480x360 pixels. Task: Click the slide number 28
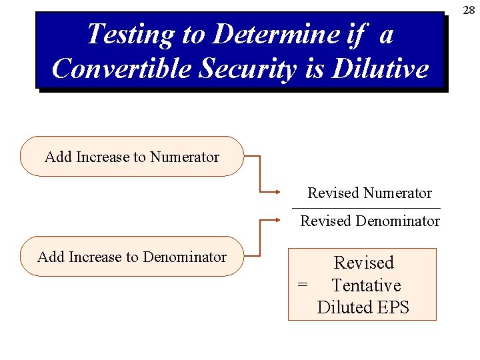coord(469,10)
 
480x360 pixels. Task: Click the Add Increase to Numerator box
coord(132,157)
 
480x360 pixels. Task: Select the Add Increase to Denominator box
coord(132,257)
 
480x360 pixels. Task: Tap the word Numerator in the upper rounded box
coord(185,157)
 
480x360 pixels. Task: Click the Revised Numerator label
coord(369,193)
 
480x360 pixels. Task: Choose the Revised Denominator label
coord(369,221)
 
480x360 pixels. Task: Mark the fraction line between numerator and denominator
coord(366,208)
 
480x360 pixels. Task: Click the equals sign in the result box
coord(303,285)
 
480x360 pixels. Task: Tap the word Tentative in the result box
coord(366,285)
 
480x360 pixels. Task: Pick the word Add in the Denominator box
coord(49,257)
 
